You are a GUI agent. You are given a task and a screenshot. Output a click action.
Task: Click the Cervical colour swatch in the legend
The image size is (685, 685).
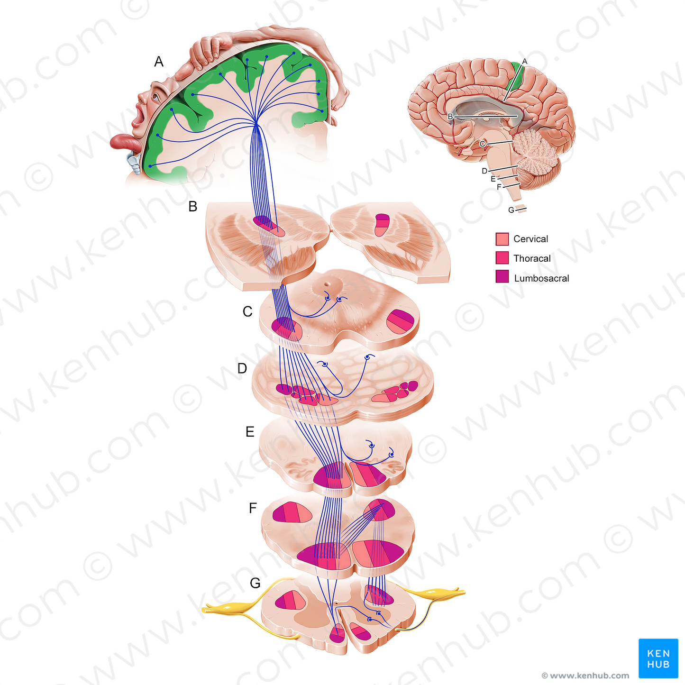[502, 239]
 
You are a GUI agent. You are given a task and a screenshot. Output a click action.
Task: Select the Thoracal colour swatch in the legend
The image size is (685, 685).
[502, 258]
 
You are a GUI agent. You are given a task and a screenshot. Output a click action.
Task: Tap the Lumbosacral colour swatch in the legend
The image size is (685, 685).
[502, 277]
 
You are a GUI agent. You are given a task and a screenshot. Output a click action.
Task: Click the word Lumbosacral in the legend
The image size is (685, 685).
[541, 278]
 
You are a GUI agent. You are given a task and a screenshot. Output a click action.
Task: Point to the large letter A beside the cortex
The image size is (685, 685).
[159, 62]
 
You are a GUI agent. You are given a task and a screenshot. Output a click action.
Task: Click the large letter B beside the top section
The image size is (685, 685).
[192, 207]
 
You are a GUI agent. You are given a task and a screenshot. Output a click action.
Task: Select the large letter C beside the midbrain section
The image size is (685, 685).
[247, 311]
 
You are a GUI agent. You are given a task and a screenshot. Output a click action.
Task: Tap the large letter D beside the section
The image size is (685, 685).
[242, 368]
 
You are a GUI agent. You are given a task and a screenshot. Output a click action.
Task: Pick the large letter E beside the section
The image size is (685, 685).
[250, 432]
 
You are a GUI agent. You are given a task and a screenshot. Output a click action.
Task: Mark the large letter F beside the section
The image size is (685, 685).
[253, 509]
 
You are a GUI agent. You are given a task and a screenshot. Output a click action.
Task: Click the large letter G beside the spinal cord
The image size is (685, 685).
[255, 583]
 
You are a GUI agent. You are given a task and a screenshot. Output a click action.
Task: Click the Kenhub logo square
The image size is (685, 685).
[658, 658]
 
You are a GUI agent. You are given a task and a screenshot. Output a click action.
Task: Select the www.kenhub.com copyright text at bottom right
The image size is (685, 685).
[585, 676]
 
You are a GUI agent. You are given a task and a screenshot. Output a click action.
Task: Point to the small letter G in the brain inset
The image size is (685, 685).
[511, 210]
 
